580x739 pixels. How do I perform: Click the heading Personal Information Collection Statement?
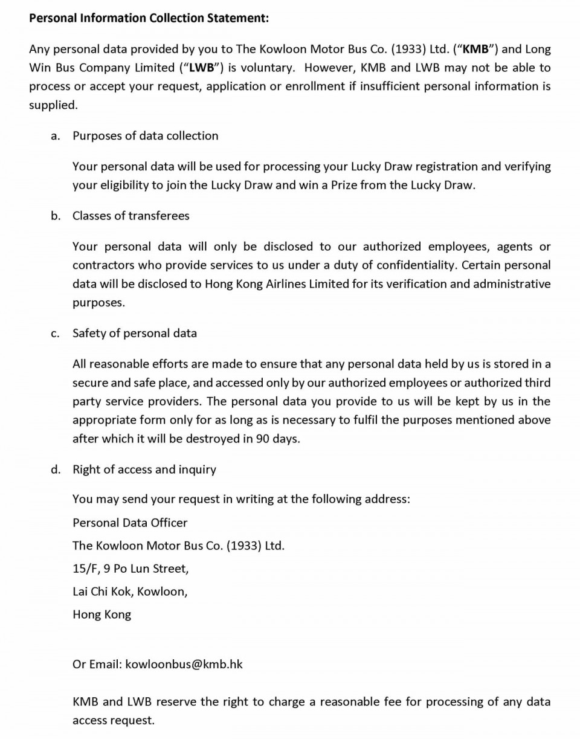(149, 18)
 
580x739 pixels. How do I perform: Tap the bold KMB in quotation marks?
(475, 50)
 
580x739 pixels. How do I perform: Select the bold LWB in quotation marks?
(202, 68)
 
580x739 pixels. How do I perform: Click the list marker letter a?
(55, 136)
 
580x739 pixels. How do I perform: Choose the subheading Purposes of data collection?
(145, 136)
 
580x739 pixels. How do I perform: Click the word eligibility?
(123, 186)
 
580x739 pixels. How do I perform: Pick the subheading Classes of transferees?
(130, 216)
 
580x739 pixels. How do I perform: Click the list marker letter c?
(55, 334)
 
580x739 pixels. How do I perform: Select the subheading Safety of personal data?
(134, 333)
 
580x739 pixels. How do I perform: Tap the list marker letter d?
(56, 470)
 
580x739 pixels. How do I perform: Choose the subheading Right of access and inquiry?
(144, 470)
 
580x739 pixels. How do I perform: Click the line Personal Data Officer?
(130, 523)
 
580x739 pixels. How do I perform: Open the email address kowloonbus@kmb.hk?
(184, 664)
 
